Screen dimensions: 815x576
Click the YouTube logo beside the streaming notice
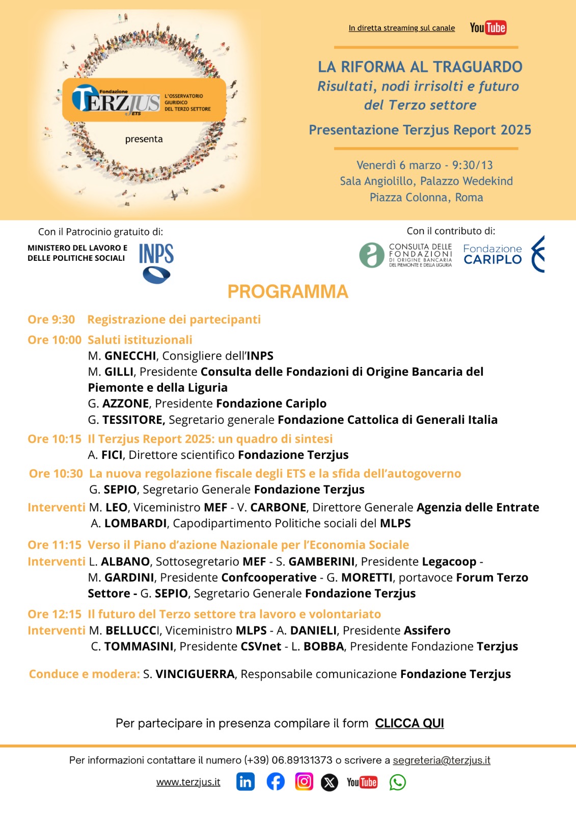click(488, 28)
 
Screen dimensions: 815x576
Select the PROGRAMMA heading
click(288, 291)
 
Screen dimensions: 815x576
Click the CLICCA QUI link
click(409, 723)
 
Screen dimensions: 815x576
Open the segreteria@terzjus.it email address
click(442, 760)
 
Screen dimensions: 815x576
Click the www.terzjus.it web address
click(188, 782)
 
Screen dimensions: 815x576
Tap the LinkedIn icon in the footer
click(245, 781)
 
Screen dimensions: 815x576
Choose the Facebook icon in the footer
click(276, 781)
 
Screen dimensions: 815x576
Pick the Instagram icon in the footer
click(304, 781)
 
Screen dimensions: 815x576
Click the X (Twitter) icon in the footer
click(330, 782)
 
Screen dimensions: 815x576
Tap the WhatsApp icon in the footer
click(398, 782)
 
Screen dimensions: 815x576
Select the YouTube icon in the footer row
click(362, 782)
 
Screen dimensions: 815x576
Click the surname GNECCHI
click(130, 356)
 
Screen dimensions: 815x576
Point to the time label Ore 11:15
click(54, 545)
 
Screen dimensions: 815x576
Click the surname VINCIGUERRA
click(195, 674)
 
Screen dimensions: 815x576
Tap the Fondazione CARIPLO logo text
click(492, 254)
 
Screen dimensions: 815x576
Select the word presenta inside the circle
click(144, 139)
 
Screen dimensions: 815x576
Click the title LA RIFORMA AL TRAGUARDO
click(420, 67)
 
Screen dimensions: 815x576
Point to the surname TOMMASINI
click(139, 646)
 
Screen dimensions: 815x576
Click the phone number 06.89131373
click(302, 760)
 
